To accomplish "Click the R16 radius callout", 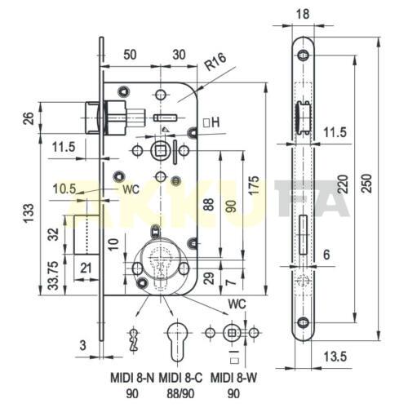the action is pyautogui.click(x=215, y=62).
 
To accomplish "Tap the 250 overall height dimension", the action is pyautogui.click(x=367, y=184).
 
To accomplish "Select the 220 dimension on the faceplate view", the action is pyautogui.click(x=343, y=184).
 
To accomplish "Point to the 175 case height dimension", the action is pyautogui.click(x=255, y=185).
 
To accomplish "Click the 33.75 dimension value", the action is pyautogui.click(x=54, y=275).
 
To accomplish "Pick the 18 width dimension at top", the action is pyautogui.click(x=303, y=14).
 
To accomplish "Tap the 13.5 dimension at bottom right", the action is pyautogui.click(x=335, y=357).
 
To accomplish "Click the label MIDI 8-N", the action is pyautogui.click(x=132, y=378).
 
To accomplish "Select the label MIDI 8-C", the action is pyautogui.click(x=180, y=378).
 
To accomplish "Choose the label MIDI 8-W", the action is pyautogui.click(x=233, y=378).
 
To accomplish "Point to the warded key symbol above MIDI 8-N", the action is pyautogui.click(x=133, y=340).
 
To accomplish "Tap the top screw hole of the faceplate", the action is pyautogui.click(x=303, y=55).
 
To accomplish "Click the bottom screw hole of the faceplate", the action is pyautogui.click(x=303, y=322).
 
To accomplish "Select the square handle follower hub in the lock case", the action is pyautogui.click(x=161, y=150).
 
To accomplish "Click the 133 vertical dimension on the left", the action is pyautogui.click(x=29, y=213).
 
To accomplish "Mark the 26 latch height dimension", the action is pyautogui.click(x=29, y=118).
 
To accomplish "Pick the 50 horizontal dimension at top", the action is pyautogui.click(x=130, y=55).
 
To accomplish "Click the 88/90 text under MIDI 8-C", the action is pyautogui.click(x=180, y=394).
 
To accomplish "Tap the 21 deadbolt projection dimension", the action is pyautogui.click(x=86, y=268).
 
